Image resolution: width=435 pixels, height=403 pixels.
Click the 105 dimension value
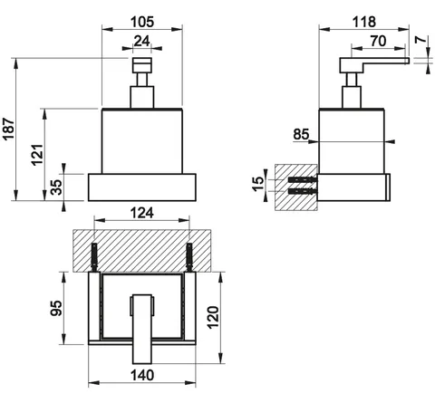click(x=142, y=22)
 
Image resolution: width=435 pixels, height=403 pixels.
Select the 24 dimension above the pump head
click(x=141, y=41)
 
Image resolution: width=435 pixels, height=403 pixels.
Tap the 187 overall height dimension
click(x=8, y=129)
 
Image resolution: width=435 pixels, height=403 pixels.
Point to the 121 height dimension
click(x=37, y=155)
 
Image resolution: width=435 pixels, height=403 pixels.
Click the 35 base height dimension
click(x=56, y=187)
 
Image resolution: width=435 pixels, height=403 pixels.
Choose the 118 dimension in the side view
click(x=364, y=22)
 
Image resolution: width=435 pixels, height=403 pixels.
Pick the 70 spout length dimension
click(x=378, y=41)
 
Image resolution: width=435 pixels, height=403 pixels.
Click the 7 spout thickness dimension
click(x=420, y=40)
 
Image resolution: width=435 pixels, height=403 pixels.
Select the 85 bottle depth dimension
click(x=301, y=134)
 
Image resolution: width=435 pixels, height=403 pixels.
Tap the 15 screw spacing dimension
click(x=257, y=184)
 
